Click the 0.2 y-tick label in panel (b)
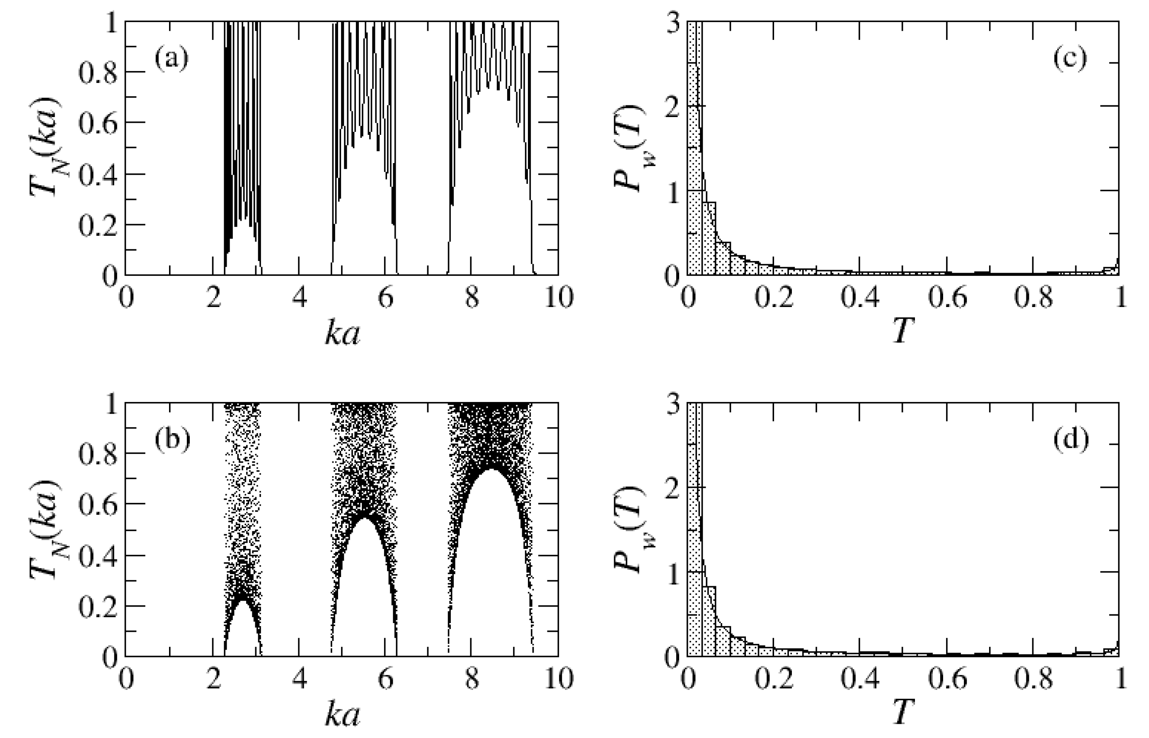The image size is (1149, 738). (x=98, y=606)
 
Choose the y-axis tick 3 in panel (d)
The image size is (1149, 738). (x=674, y=405)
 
